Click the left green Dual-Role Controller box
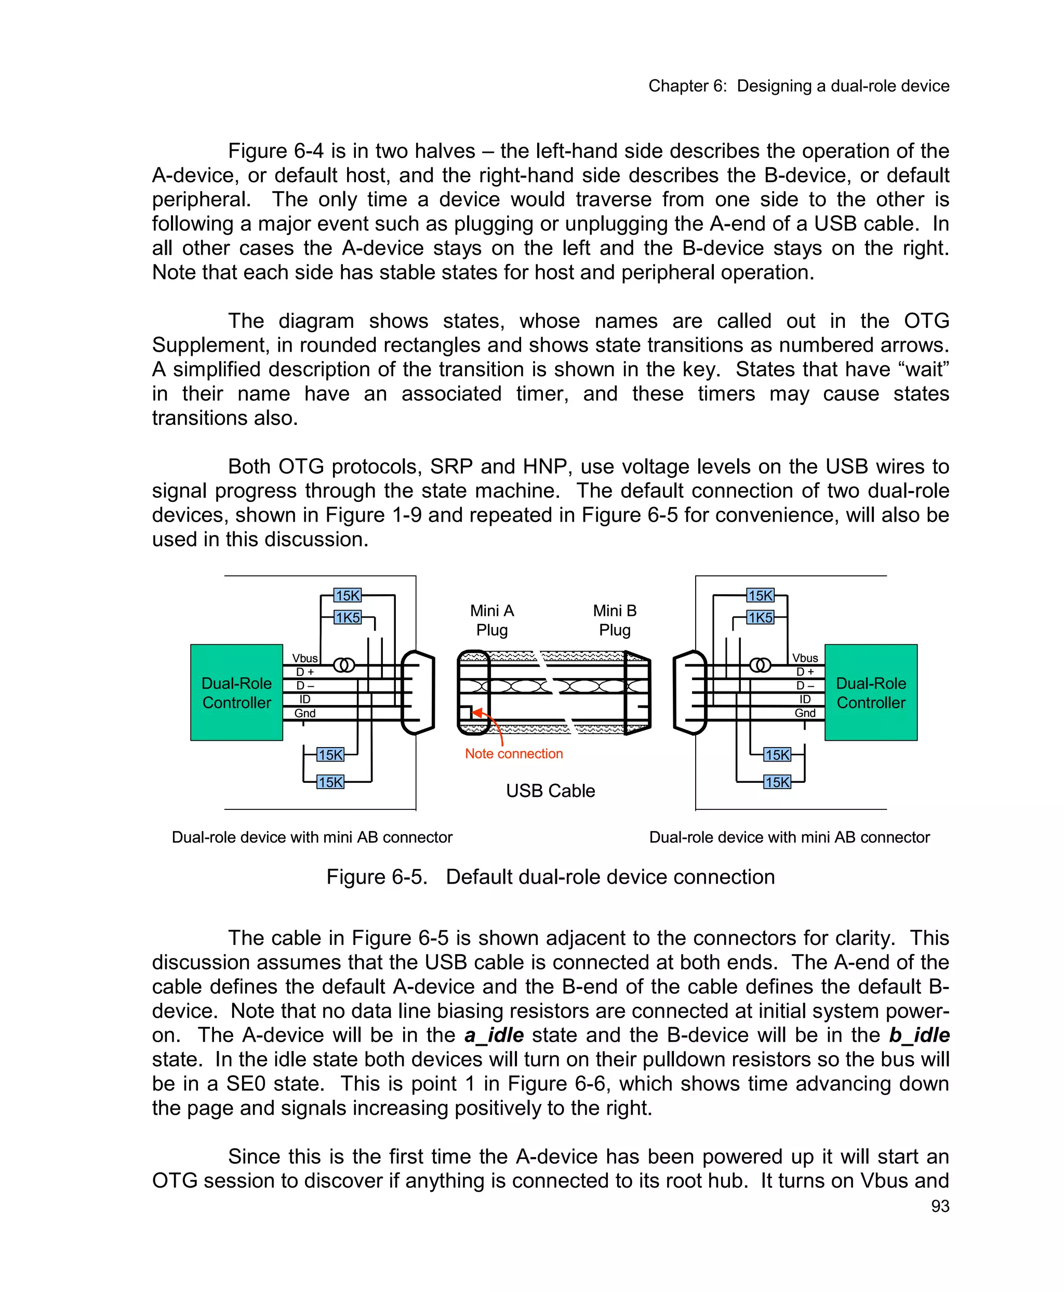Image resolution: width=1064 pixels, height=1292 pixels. (236, 692)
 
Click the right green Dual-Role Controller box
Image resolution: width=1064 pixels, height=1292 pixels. (870, 692)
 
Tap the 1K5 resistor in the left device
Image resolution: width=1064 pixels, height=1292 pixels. (347, 617)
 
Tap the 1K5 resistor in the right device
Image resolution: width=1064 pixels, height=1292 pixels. (760, 617)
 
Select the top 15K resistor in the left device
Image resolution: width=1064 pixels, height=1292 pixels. (347, 595)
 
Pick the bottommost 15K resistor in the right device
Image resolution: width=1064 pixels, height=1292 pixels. (777, 782)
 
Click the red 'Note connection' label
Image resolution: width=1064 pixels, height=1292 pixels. (514, 754)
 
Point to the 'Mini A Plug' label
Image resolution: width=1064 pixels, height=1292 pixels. (491, 620)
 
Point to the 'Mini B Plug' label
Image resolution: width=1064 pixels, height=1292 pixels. (615, 620)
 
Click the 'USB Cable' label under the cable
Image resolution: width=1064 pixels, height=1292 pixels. (550, 791)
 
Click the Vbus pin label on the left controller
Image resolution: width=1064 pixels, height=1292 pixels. (304, 658)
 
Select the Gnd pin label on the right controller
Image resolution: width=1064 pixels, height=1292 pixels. (805, 713)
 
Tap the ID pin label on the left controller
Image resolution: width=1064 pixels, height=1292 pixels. (304, 699)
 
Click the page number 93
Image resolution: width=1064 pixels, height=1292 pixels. (940, 1206)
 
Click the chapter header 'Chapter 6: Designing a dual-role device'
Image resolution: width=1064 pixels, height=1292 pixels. (799, 86)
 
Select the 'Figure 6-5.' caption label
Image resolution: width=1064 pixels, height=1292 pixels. (376, 877)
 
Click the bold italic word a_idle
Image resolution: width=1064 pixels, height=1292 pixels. (494, 1035)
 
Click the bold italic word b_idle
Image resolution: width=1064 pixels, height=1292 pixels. (919, 1035)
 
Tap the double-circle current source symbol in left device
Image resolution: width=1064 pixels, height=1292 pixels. (344, 665)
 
